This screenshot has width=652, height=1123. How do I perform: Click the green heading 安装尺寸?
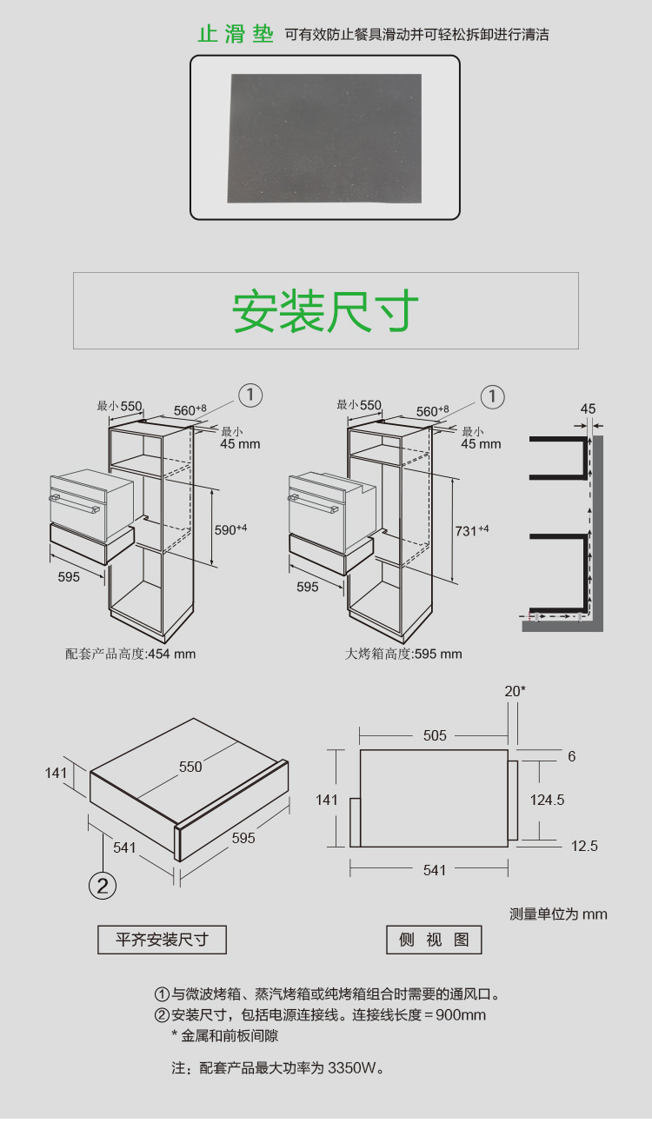click(x=325, y=311)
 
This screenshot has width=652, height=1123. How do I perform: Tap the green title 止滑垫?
click(x=236, y=36)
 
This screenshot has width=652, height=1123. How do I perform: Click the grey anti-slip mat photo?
click(x=324, y=137)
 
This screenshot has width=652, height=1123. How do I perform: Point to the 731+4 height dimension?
click(x=470, y=530)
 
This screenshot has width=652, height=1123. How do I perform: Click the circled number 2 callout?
click(x=103, y=886)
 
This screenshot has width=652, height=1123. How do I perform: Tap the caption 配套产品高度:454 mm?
click(x=130, y=654)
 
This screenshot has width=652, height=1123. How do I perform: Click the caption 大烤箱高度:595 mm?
click(x=403, y=654)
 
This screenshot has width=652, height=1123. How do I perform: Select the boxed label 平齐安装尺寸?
click(x=163, y=940)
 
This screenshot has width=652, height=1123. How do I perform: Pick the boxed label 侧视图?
click(x=434, y=940)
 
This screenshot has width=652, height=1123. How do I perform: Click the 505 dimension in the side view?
click(x=435, y=735)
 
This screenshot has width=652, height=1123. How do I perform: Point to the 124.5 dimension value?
click(x=547, y=800)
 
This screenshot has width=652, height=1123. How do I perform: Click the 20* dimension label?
click(x=515, y=691)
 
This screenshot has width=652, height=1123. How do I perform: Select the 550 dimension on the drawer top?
click(x=190, y=767)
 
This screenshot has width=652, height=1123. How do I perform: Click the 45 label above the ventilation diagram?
click(x=588, y=409)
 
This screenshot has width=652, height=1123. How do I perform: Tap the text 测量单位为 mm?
click(x=558, y=914)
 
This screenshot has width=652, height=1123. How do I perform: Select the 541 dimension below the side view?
click(x=435, y=870)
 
